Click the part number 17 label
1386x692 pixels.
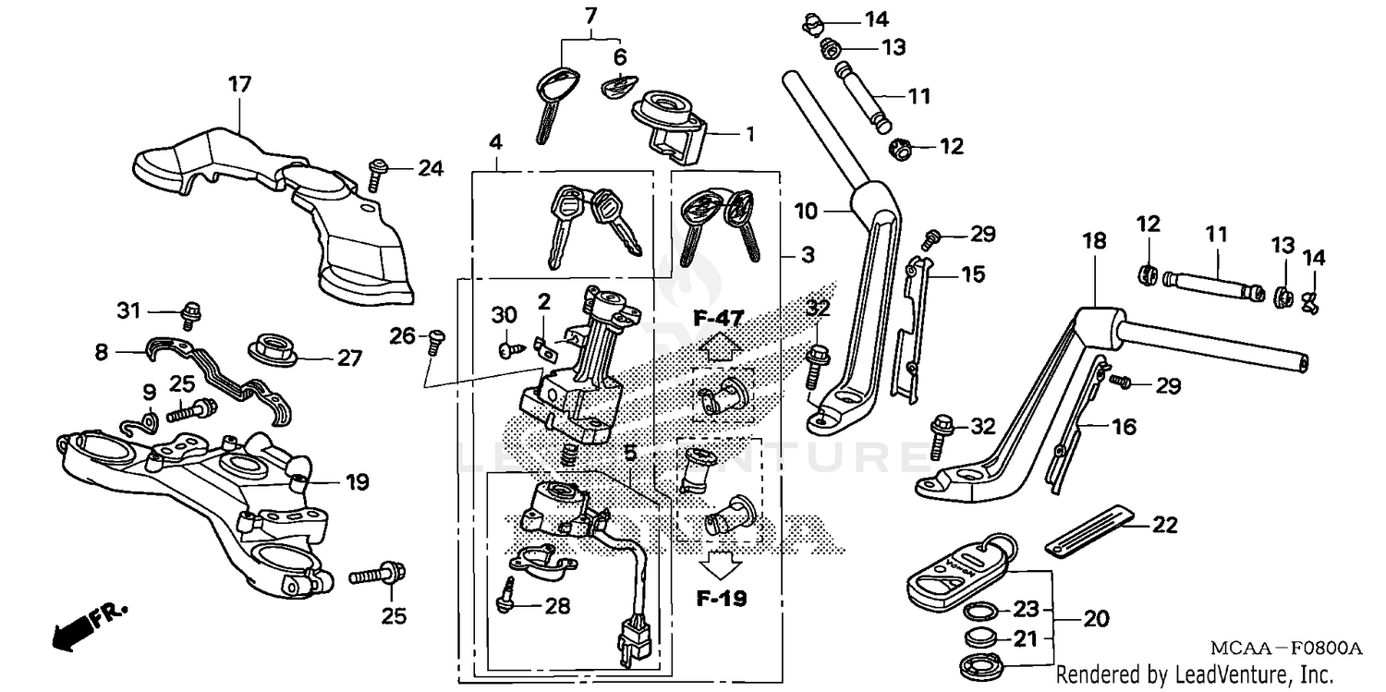pos(239,85)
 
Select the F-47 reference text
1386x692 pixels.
pos(719,320)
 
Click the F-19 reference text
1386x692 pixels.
pos(721,599)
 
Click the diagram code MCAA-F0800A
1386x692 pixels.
pos(1290,649)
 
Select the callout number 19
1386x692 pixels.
pos(358,481)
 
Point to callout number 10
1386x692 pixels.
pos(805,212)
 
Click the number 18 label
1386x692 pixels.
pos(1093,241)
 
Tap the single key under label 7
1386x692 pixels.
pos(552,103)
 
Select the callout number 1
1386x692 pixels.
pos(749,134)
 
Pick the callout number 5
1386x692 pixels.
pos(629,453)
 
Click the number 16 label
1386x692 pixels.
pos(1125,427)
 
